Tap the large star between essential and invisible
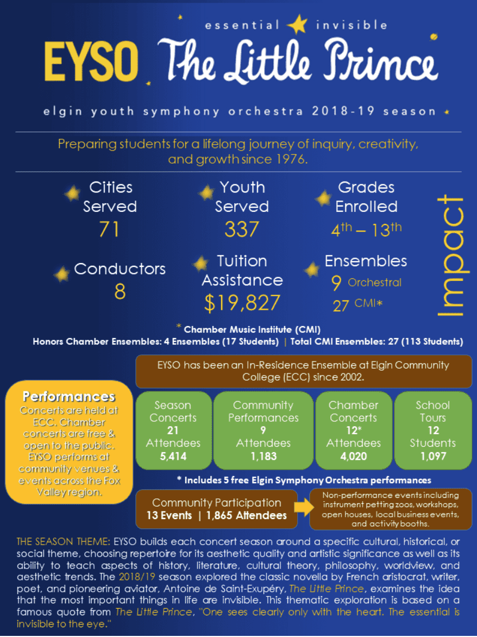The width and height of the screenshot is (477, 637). (x=297, y=24)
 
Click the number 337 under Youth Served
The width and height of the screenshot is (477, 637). (x=241, y=229)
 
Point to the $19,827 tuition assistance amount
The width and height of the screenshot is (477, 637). (x=242, y=303)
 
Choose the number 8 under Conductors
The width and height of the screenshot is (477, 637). (x=120, y=292)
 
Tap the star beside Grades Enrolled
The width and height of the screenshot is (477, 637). (x=323, y=198)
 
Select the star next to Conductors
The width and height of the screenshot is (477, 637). (x=61, y=273)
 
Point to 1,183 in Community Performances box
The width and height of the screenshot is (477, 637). (x=263, y=457)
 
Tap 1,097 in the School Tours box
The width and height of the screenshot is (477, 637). (x=432, y=457)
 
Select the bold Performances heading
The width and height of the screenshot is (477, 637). (x=69, y=396)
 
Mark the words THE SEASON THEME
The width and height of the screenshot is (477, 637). (x=60, y=542)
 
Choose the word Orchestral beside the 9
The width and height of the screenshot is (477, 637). (x=374, y=283)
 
